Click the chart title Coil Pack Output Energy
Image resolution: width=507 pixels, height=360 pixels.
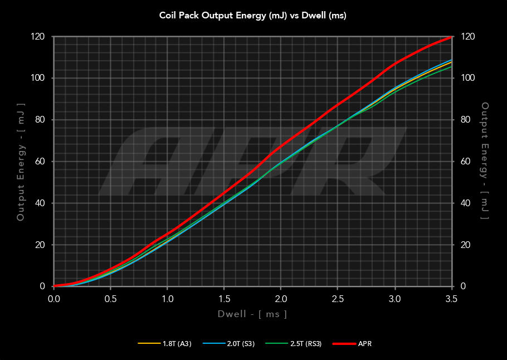(x=253, y=16)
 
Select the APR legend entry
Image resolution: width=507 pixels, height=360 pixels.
(x=362, y=344)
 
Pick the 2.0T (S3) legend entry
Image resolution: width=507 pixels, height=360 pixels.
(x=241, y=344)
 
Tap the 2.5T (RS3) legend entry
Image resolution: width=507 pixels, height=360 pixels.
(x=306, y=344)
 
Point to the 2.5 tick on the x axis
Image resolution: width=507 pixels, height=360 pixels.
(x=338, y=299)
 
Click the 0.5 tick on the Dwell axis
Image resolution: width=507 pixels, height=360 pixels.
(x=110, y=299)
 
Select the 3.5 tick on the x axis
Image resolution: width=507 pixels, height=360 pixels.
(x=451, y=299)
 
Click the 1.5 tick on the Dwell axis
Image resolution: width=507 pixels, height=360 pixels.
(x=224, y=299)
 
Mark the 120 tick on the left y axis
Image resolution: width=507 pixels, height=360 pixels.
(x=37, y=36)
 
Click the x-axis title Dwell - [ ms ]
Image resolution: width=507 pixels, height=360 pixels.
(x=252, y=314)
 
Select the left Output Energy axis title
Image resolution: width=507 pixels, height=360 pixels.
(x=21, y=162)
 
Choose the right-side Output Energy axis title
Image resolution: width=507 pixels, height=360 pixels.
(x=485, y=162)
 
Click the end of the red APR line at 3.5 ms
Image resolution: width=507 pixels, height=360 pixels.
(x=451, y=37)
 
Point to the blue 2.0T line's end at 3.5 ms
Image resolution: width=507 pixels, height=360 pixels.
(x=451, y=60)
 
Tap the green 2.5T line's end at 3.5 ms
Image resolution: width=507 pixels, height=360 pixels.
(x=451, y=67)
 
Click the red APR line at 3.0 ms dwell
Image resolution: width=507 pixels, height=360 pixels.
(x=394, y=64)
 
